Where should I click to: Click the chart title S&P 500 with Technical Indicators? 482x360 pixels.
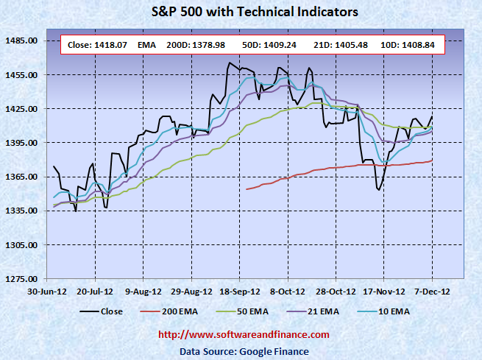[240, 12]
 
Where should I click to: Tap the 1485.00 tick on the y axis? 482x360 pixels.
[22, 40]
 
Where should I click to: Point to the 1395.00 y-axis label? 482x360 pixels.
[22, 143]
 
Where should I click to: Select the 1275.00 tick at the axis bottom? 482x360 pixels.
[22, 279]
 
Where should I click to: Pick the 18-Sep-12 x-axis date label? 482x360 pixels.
[237, 292]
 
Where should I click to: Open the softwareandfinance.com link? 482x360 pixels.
[244, 336]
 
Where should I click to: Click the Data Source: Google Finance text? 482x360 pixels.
[244, 352]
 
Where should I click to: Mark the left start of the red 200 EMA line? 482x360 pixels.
[246, 189]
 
